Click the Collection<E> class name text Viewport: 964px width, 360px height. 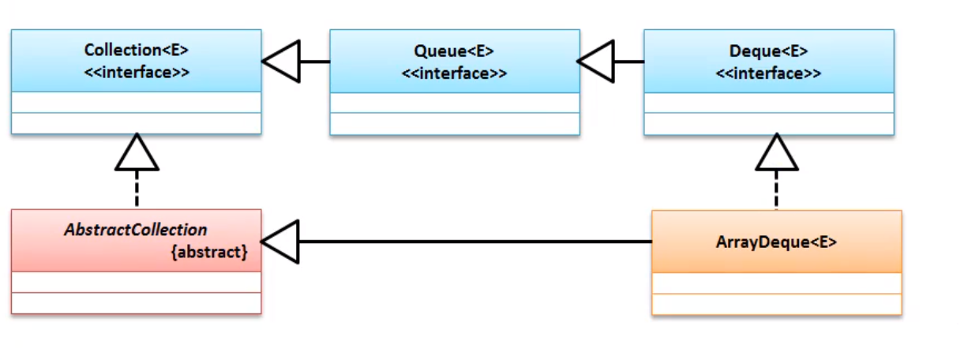[x=137, y=50]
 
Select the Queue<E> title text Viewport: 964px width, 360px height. [x=454, y=51]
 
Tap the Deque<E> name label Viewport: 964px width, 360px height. [x=769, y=51]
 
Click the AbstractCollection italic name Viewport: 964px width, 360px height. [x=136, y=230]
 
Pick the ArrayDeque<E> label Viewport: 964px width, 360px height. [x=776, y=242]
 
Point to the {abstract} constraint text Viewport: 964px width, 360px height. [x=209, y=252]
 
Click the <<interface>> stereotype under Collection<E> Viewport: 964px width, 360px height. [x=137, y=72]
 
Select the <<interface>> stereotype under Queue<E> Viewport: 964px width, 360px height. [x=454, y=73]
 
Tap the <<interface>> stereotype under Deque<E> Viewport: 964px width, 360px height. [x=769, y=73]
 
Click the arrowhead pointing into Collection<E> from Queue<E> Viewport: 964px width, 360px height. [x=281, y=62]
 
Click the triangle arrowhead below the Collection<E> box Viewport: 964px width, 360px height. [x=137, y=152]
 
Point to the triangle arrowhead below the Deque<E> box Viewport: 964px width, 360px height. [x=777, y=152]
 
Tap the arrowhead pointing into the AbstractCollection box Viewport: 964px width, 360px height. [x=280, y=242]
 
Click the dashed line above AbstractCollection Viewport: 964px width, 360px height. [x=137, y=189]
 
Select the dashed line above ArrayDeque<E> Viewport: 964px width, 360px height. [x=776, y=189]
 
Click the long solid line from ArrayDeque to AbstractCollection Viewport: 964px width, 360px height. [x=475, y=242]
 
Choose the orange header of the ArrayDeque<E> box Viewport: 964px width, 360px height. [x=777, y=242]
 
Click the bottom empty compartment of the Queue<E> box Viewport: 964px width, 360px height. [x=455, y=124]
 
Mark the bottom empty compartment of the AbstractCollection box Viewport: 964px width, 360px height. [x=137, y=303]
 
